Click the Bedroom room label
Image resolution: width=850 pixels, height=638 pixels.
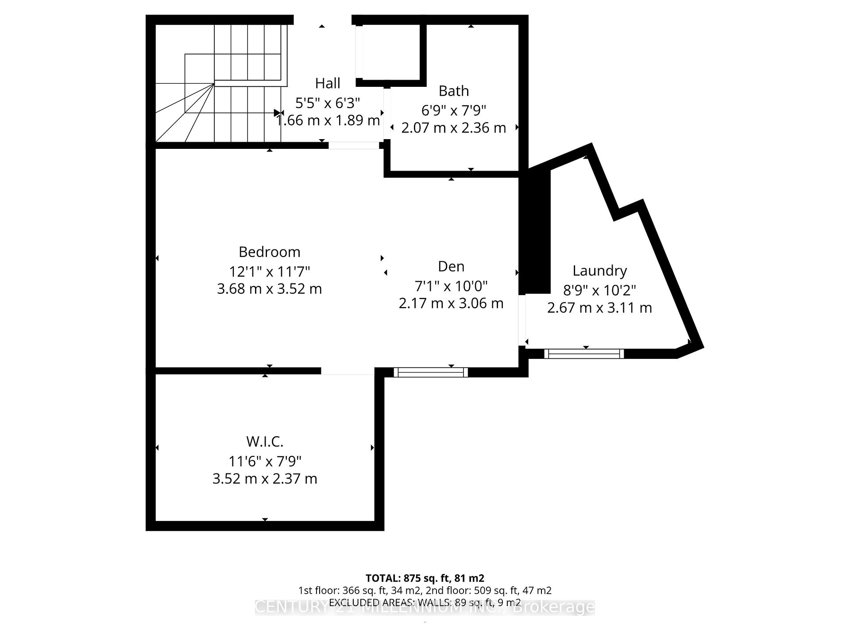[x=269, y=252]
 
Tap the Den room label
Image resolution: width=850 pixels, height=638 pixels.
[x=451, y=266]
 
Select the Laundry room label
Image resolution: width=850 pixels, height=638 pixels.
[x=599, y=271]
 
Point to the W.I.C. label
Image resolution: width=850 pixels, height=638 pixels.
[x=265, y=442]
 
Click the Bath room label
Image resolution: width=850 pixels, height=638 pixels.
[x=453, y=91]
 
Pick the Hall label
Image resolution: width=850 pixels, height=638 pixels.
[x=328, y=83]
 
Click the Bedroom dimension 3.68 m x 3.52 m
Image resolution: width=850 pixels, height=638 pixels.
[x=269, y=289]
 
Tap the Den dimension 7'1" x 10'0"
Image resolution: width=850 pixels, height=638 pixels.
[x=451, y=286]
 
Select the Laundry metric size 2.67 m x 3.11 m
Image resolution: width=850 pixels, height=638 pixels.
[x=599, y=308]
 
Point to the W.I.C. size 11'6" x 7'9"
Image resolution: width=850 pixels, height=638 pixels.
[x=265, y=461]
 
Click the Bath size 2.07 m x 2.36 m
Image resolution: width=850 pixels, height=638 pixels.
[x=453, y=128]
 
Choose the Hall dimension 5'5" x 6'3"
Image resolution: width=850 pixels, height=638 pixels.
[x=328, y=103]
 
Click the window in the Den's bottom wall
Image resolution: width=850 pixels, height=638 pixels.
[x=430, y=372]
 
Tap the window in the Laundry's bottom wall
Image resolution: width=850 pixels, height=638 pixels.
[x=583, y=354]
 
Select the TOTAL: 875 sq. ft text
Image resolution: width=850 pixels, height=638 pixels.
[x=425, y=578]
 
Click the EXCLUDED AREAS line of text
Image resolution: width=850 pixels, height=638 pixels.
[x=425, y=603]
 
